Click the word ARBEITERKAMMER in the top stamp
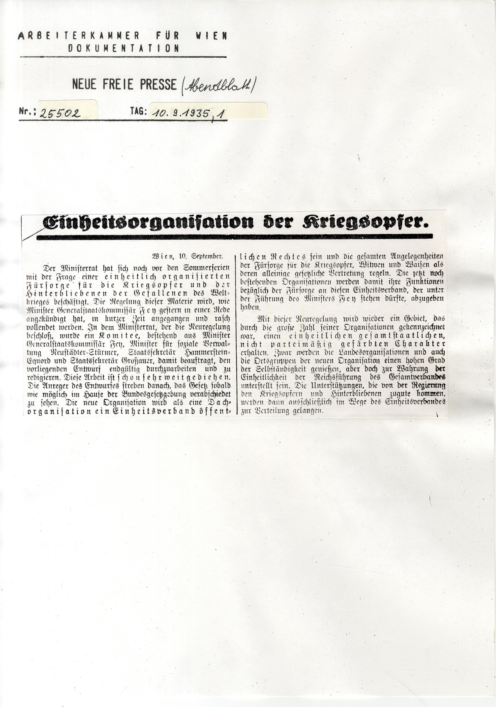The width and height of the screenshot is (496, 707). (79, 36)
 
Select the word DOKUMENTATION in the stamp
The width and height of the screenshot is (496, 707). (124, 48)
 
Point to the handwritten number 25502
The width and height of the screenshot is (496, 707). (60, 114)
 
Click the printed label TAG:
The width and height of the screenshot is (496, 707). (138, 111)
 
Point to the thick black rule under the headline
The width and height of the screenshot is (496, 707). (234, 236)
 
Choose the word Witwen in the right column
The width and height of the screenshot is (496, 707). (359, 265)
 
